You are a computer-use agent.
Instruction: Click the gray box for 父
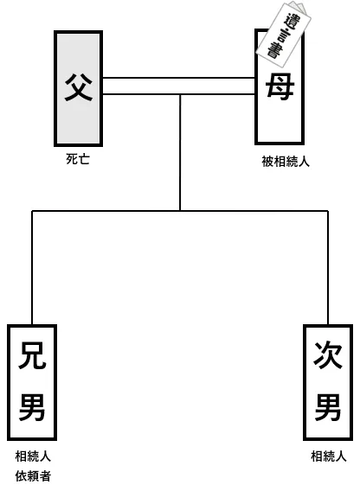(x=78, y=88)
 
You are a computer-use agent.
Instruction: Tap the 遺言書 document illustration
(x=284, y=34)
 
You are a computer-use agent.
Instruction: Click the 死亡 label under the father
(x=78, y=159)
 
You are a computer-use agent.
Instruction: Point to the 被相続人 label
(x=286, y=161)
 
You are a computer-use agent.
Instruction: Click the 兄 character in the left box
(x=32, y=355)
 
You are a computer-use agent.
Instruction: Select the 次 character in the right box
(x=328, y=355)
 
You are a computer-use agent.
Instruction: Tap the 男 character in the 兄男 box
(x=32, y=407)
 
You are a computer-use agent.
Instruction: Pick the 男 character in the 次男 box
(x=328, y=407)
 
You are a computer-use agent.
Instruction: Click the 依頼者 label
(x=33, y=476)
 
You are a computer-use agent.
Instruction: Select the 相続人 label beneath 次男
(x=329, y=456)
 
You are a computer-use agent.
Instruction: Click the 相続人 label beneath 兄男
(x=33, y=456)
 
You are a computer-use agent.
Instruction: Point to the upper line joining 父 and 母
(x=179, y=78)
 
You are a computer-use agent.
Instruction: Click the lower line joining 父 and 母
(x=179, y=93)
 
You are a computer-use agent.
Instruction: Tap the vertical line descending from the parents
(x=180, y=152)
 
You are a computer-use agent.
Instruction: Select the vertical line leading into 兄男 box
(x=32, y=268)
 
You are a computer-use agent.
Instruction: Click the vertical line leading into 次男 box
(x=328, y=268)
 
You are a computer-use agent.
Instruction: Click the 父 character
(x=78, y=86)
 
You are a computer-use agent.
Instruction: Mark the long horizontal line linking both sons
(x=180, y=211)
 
